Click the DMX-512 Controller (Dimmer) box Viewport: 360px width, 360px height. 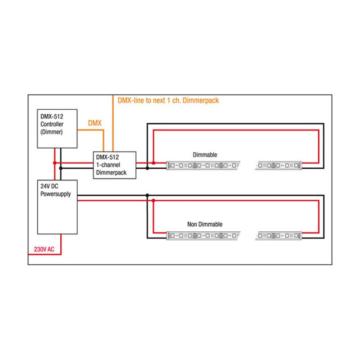(x=57, y=129)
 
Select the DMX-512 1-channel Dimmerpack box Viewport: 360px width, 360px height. (x=114, y=165)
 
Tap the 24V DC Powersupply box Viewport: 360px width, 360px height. (x=57, y=207)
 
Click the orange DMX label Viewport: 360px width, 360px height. (x=94, y=123)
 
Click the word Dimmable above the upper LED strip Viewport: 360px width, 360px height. (x=205, y=155)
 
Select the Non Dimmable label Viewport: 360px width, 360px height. (x=205, y=224)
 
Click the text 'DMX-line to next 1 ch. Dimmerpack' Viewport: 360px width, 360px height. (x=168, y=100)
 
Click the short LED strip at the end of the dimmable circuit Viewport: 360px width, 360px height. (x=278, y=166)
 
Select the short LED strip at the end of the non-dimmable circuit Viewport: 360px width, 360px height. (x=278, y=235)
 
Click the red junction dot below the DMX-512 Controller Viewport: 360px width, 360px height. (x=55, y=163)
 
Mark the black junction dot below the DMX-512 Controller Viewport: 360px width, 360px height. (x=61, y=168)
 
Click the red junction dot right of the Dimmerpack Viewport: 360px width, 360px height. (x=153, y=163)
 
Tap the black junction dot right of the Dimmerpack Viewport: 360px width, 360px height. (x=148, y=168)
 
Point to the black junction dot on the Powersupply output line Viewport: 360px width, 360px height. (x=147, y=195)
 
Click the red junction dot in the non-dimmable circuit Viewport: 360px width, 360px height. (x=153, y=201)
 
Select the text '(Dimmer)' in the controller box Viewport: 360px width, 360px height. (x=51, y=132)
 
